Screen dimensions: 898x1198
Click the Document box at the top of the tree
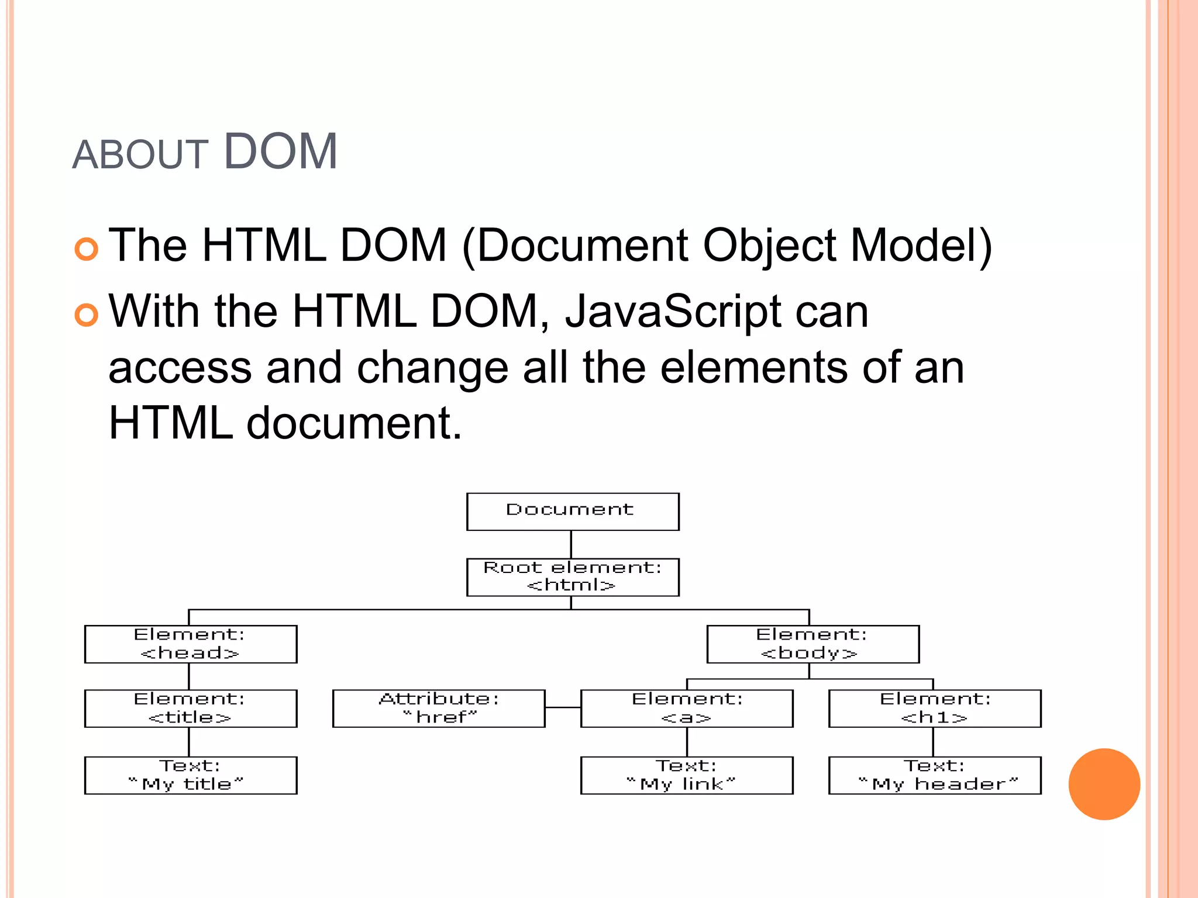573,512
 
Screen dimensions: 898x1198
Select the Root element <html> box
573,577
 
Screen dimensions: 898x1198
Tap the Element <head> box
191,644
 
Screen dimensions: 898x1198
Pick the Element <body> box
813,644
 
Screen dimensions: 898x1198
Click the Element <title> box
191,708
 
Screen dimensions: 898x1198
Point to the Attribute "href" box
439,708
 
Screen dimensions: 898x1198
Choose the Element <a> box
687,708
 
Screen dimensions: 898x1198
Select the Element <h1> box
935,708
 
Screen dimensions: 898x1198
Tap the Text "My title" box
191,775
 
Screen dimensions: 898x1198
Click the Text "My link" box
687,775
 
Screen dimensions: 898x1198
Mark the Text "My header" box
935,775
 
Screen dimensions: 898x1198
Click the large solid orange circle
1104,784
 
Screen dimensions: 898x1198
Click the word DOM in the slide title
280,152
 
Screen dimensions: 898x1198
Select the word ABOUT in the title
140,156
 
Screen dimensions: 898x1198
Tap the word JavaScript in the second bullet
673,311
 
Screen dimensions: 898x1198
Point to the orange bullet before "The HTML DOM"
87,249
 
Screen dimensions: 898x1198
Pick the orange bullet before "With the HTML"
87,315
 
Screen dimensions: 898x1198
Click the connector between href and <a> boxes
563,707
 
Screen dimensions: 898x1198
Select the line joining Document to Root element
571,544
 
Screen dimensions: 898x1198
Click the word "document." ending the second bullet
354,423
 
